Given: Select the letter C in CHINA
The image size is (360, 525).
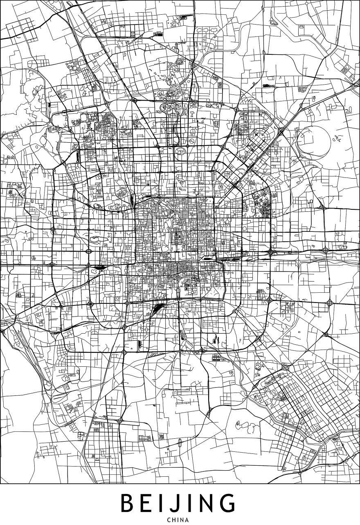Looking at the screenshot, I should pyautogui.click(x=169, y=520).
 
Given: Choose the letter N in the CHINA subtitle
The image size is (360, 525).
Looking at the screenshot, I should pyautogui.click(x=183, y=520).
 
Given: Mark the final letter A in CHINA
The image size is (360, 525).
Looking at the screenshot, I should pyautogui.click(x=189, y=520).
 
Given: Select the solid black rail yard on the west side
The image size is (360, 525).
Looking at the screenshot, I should pyautogui.click(x=99, y=267).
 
